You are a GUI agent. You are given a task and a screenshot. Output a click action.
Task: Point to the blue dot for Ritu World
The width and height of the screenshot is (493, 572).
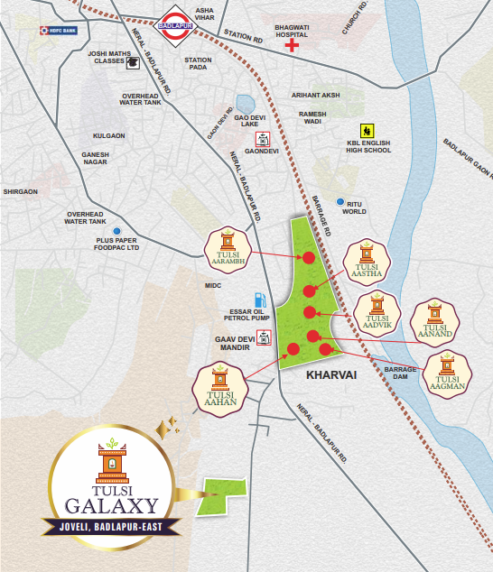(x=340, y=202)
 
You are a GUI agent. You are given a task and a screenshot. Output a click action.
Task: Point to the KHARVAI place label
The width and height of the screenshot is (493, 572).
(x=331, y=373)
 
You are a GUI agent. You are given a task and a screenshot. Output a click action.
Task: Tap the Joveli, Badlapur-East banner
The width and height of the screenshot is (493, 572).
(x=111, y=526)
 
